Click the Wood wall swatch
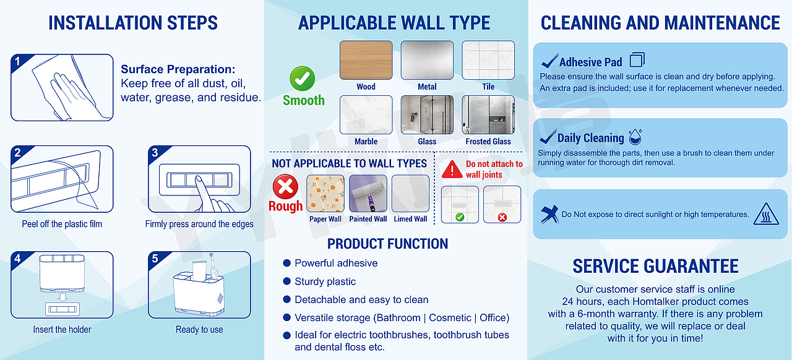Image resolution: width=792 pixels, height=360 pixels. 366,60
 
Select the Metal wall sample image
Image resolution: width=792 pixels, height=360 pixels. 427,60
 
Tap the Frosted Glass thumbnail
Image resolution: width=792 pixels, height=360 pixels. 488,114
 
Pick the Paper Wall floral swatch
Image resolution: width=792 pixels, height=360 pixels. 325,194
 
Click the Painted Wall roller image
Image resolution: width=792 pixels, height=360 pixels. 368,194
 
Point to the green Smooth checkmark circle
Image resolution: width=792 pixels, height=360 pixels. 303,79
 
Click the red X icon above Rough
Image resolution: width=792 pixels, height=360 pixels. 285,186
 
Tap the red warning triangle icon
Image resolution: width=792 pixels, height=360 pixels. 452,169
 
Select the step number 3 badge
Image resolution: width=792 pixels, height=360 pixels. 155,153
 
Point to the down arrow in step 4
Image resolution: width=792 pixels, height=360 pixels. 63,297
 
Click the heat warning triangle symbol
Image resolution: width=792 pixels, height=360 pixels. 766,214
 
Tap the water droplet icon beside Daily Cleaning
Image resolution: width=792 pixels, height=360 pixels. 635,137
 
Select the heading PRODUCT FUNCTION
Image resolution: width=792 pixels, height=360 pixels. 387,244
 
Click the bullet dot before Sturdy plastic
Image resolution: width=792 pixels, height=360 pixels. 286,281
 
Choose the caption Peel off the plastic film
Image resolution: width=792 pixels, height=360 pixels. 62,224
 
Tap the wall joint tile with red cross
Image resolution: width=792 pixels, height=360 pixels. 502,204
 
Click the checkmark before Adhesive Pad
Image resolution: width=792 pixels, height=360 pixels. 549,61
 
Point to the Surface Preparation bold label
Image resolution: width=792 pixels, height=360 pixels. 178,69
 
